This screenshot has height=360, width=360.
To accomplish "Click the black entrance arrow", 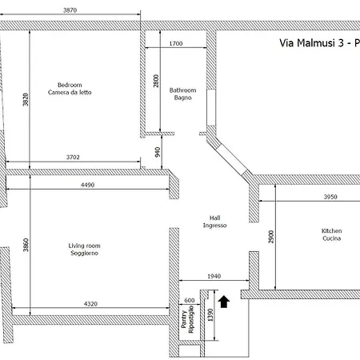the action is tap(224, 302).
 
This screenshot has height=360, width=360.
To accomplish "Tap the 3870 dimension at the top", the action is tap(70, 10).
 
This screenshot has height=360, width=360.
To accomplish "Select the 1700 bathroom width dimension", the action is tap(176, 43).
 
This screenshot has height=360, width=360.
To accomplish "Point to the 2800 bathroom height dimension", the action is tap(156, 81).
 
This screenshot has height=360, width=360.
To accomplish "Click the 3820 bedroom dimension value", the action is tap(26, 99).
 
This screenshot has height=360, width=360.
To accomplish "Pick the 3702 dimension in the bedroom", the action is tap(73, 157).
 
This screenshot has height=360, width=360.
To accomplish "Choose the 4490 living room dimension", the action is tap(87, 185).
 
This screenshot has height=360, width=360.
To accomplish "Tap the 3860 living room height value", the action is tap(26, 245).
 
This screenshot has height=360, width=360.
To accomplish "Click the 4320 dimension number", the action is tap(90, 304).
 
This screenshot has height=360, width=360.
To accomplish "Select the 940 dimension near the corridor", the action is tap(158, 152).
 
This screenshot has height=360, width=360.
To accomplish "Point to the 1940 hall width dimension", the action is tap(214, 276).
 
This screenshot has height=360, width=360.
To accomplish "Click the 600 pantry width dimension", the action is tap(190, 301).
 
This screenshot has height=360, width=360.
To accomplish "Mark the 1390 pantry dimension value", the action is tap(210, 314).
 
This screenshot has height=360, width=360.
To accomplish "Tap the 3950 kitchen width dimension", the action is tap(330, 197).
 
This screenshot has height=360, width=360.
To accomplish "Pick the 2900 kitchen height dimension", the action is tap(271, 237).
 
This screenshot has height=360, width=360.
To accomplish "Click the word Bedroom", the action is tap(70, 85).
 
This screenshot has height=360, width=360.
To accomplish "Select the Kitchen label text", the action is tap(332, 231).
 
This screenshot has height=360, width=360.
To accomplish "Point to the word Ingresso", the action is tap(215, 226).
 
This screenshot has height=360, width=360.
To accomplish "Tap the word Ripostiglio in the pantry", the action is tap(191, 319).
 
